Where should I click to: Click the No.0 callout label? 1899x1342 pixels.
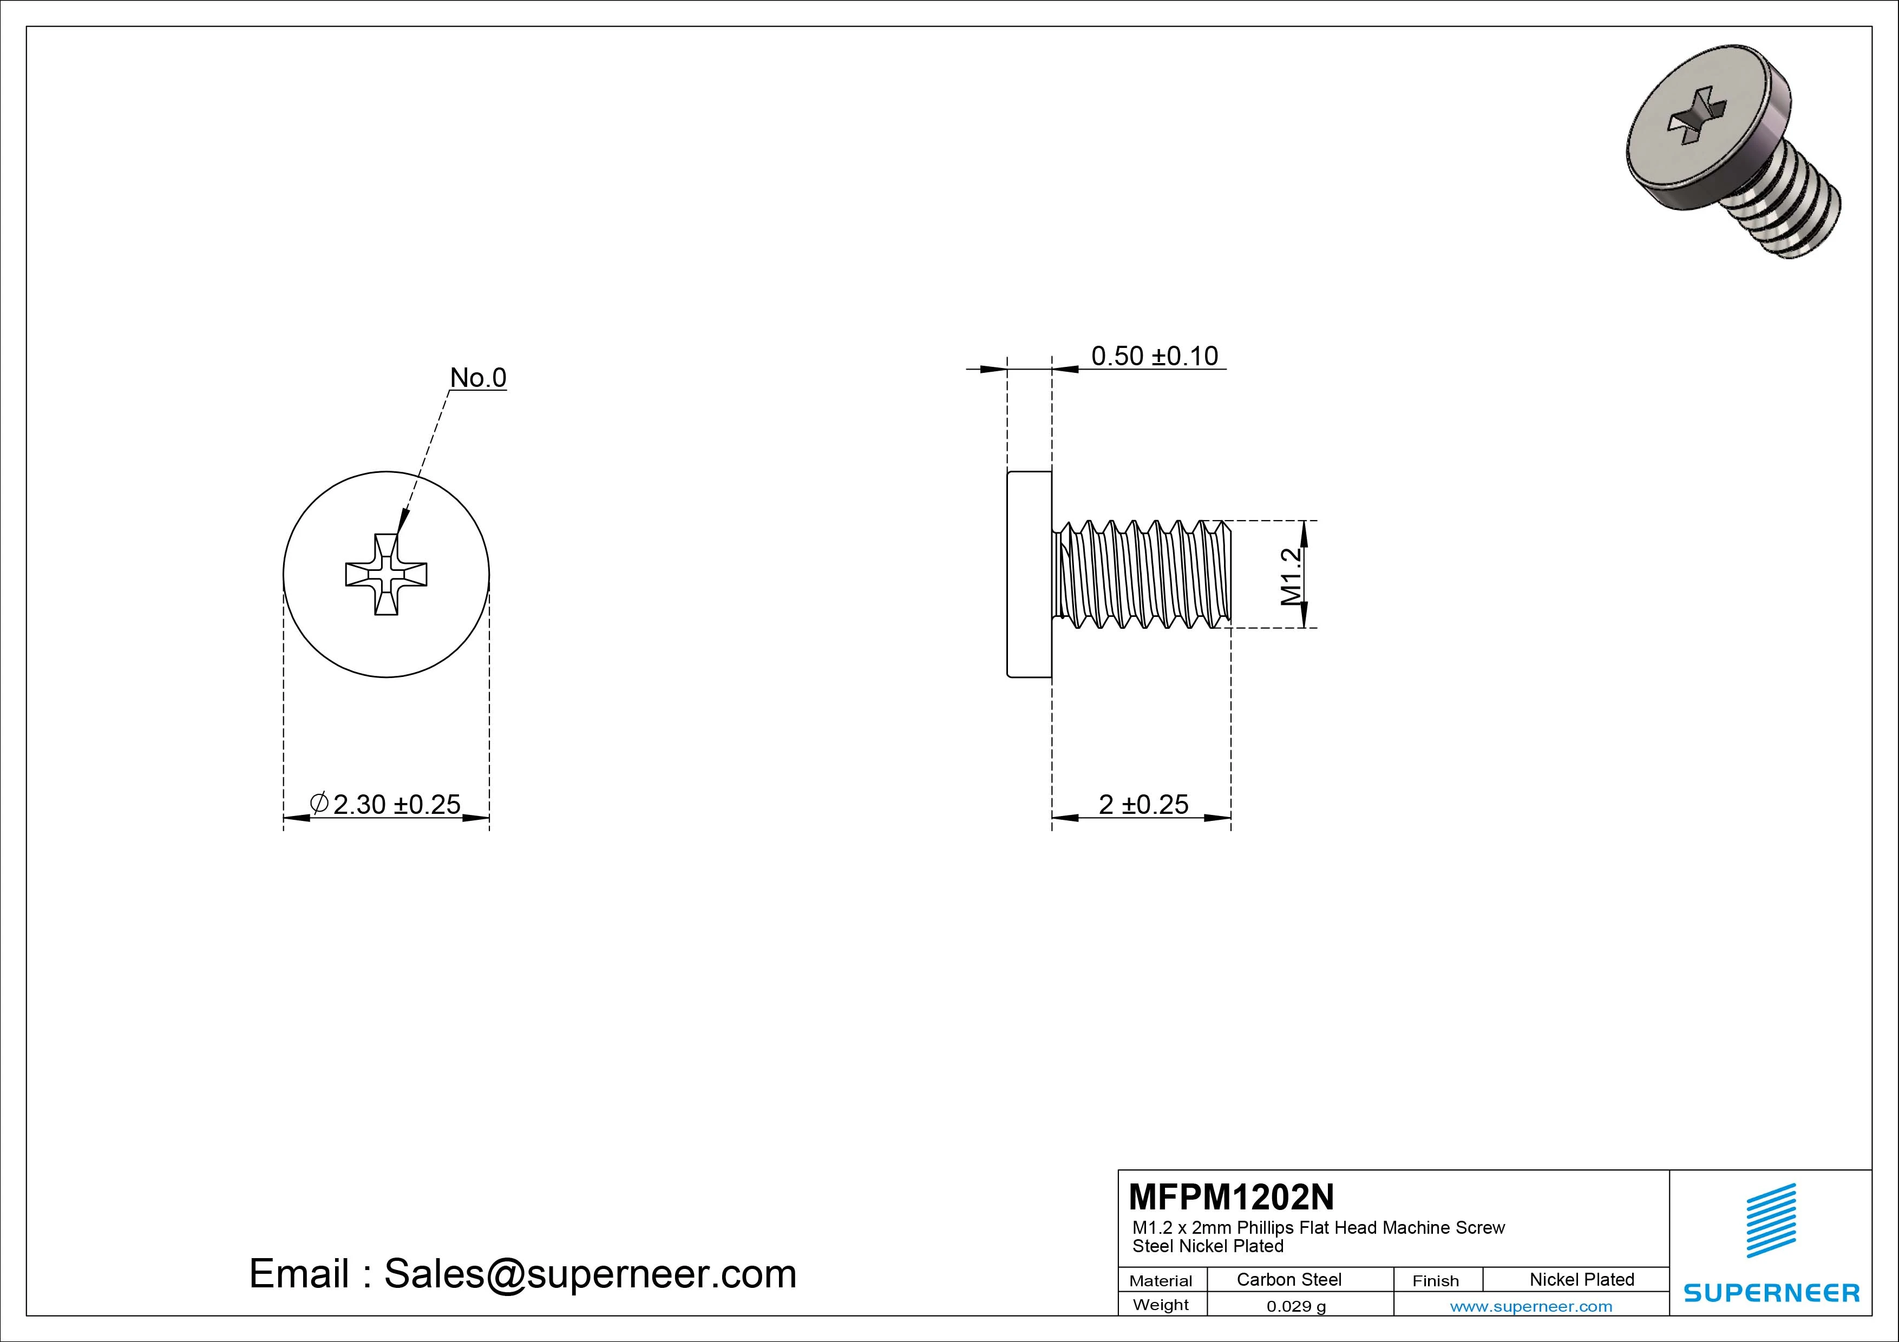(x=477, y=378)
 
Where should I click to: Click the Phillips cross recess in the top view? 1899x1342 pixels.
(x=387, y=574)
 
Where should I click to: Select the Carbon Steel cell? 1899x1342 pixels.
(x=1288, y=1279)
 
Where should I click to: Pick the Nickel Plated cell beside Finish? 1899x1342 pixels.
(x=1581, y=1279)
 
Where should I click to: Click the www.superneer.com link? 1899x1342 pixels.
(x=1531, y=1306)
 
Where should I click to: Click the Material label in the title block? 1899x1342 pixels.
(x=1161, y=1281)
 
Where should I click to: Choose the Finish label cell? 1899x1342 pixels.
(x=1435, y=1281)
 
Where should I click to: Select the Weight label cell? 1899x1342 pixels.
(x=1161, y=1305)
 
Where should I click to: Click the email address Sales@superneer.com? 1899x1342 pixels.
(x=523, y=1274)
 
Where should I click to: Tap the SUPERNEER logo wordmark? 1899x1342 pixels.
(x=1772, y=1292)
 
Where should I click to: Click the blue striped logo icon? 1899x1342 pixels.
(x=1771, y=1220)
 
